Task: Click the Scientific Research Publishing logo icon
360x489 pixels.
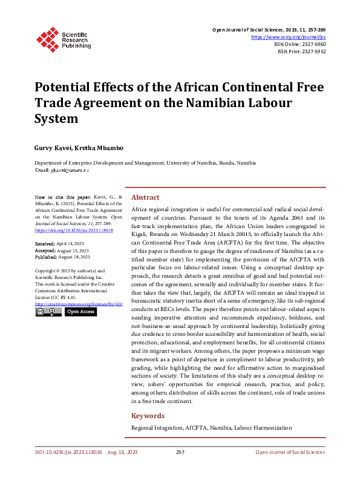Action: pos(47,39)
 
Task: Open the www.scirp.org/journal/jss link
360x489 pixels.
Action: pos(287,37)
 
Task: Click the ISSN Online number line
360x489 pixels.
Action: pos(301,44)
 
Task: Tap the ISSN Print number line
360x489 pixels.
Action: pos(301,52)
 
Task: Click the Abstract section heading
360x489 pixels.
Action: pos(146,197)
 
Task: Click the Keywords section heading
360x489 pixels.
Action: pos(148,416)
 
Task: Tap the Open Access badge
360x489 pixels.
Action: pos(80,312)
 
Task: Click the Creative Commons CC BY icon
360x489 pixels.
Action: pos(48,312)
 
